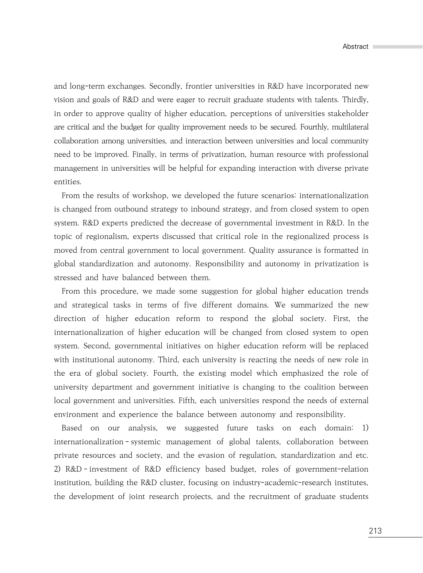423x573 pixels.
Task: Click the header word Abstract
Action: tap(355, 47)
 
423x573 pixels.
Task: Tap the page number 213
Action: tap(375, 531)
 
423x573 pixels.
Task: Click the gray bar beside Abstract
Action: tap(397, 47)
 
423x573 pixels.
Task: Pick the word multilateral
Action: tap(350, 127)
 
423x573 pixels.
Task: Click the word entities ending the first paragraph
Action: tap(68, 182)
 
